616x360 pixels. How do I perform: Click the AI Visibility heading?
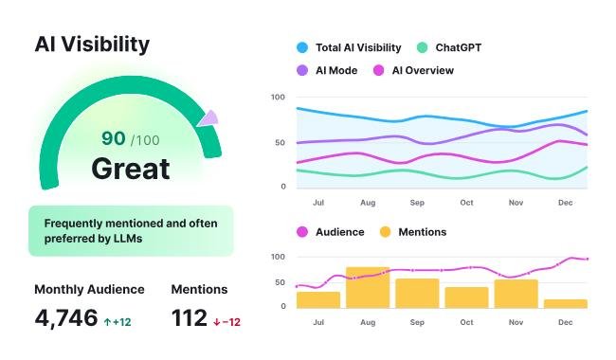(x=92, y=44)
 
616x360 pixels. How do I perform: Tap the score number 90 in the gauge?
(x=113, y=138)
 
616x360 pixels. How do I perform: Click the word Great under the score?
(x=131, y=169)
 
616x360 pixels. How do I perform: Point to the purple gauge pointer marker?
(x=208, y=118)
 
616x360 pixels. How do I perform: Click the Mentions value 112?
(x=190, y=319)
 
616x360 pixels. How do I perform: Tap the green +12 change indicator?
(x=118, y=322)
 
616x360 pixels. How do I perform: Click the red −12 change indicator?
(x=226, y=322)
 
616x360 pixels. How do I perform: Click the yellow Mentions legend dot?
(x=385, y=232)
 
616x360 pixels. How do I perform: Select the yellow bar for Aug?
(x=368, y=287)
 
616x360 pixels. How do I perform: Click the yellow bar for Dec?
(x=566, y=303)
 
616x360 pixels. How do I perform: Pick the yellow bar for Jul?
(x=318, y=299)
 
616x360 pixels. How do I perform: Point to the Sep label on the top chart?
(x=417, y=203)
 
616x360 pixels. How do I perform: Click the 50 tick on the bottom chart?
(x=279, y=281)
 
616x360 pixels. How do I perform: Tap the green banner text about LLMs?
(x=130, y=230)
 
